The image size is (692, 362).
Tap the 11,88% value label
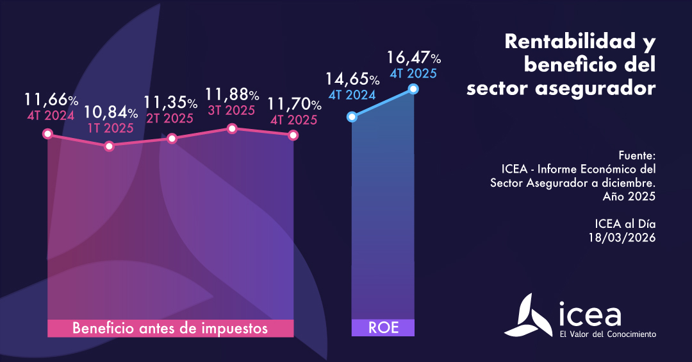(x=232, y=94)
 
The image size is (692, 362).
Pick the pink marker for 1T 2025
(x=109, y=146)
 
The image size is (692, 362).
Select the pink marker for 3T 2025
(x=232, y=129)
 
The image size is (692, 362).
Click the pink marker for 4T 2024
(x=47, y=134)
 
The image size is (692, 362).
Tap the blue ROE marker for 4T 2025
(x=413, y=89)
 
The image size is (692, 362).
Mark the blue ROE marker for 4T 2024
(x=351, y=117)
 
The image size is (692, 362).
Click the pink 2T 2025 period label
(x=169, y=119)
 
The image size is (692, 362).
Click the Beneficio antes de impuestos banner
(x=170, y=328)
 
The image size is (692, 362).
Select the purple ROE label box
(x=383, y=328)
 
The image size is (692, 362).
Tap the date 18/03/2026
(x=622, y=237)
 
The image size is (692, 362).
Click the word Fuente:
(x=638, y=156)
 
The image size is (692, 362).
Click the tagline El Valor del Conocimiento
(x=607, y=334)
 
